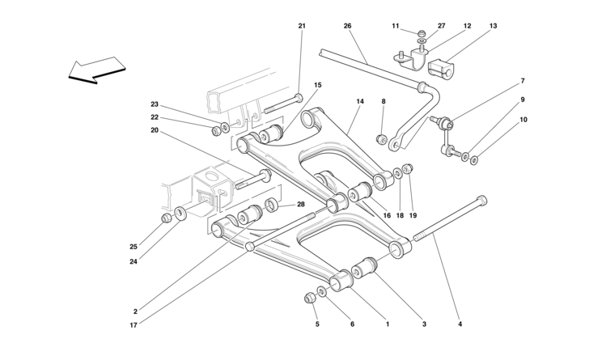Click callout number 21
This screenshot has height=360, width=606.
(x=302, y=26)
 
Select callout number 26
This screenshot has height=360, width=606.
(x=348, y=26)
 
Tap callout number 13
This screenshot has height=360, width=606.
(x=493, y=26)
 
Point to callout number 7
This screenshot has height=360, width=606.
(x=523, y=81)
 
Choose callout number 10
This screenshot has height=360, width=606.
(x=523, y=119)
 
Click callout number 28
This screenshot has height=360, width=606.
(x=301, y=205)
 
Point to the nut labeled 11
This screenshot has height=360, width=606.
(x=422, y=34)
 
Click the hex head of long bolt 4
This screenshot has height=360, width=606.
(x=483, y=199)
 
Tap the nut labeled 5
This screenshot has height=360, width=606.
(x=309, y=299)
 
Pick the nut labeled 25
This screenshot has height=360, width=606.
(x=166, y=217)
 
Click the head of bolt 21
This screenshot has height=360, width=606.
(x=299, y=99)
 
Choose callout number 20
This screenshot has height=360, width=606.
(x=154, y=129)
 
